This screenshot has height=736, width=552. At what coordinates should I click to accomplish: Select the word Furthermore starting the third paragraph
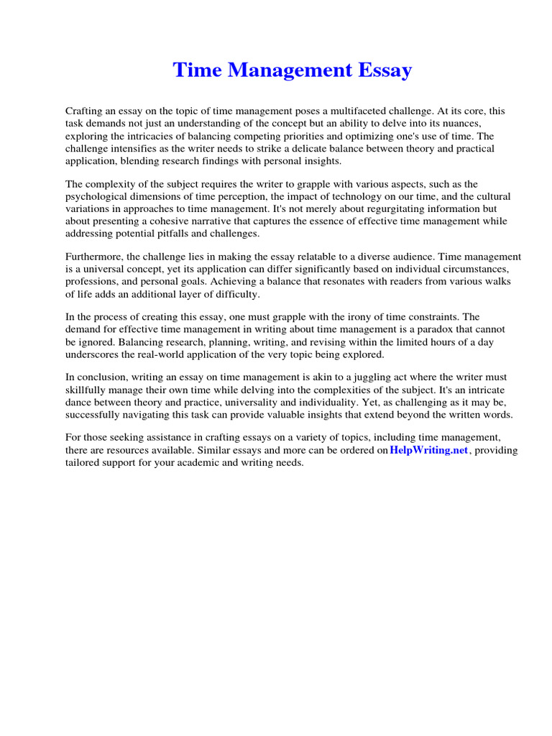pyautogui.click(x=96, y=257)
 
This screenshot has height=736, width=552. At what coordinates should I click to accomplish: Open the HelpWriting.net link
pyautogui.click(x=428, y=451)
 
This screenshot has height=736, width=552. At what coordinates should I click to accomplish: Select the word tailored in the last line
pyautogui.click(x=84, y=463)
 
